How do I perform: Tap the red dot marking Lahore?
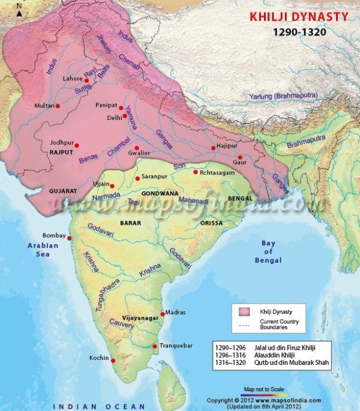[x=86, y=80]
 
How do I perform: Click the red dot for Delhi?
[x=125, y=116]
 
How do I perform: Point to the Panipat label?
[x=105, y=105]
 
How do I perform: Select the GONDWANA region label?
[x=158, y=194]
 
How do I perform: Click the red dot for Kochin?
[x=112, y=360]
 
